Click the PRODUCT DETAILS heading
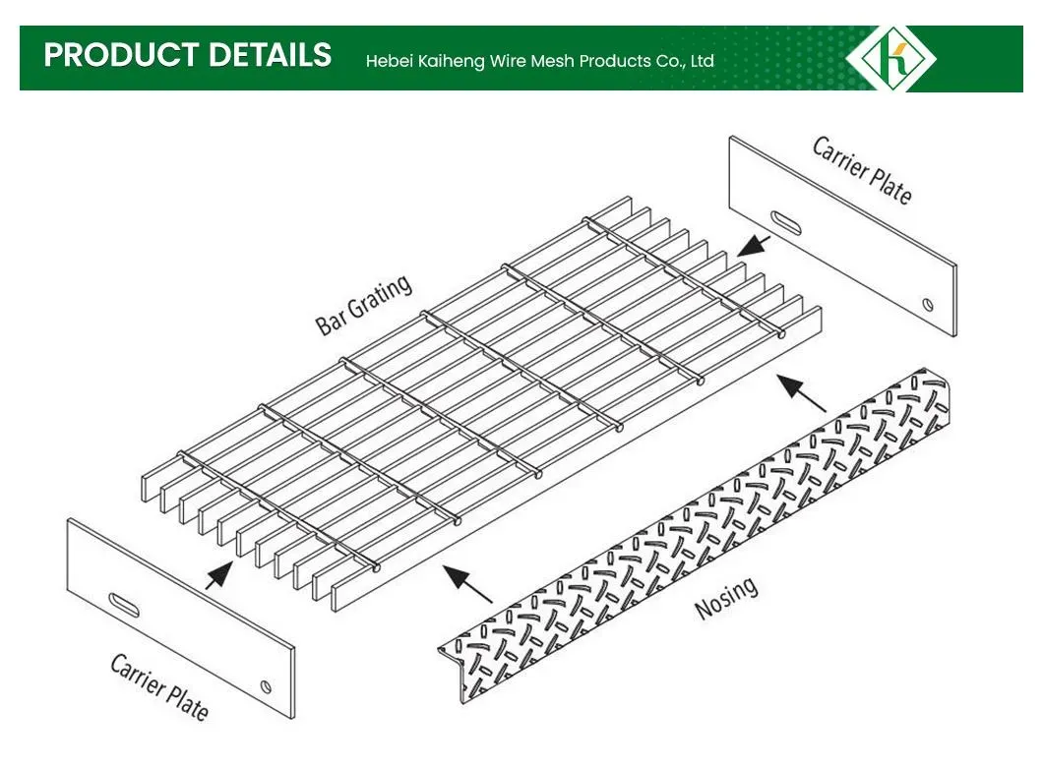(187, 55)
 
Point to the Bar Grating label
(363, 306)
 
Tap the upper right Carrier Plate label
(862, 169)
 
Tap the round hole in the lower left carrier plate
(265, 684)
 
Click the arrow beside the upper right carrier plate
(754, 243)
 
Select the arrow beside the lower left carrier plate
(219, 574)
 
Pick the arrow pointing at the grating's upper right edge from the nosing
(801, 390)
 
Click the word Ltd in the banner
(702, 61)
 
